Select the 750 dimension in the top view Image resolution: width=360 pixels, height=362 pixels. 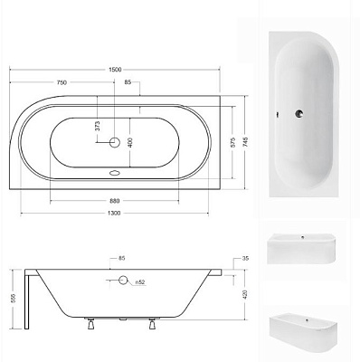click(x=62, y=81)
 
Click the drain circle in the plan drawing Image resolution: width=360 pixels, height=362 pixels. click(x=115, y=142)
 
